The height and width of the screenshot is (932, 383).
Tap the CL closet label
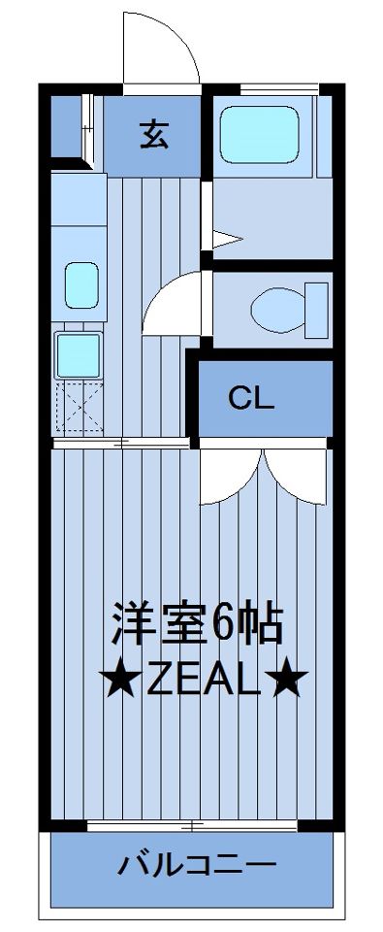point(252,397)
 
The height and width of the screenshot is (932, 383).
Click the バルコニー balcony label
point(198,864)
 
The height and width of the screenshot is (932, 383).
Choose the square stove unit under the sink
point(79,355)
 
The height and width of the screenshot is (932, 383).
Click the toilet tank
point(318,307)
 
